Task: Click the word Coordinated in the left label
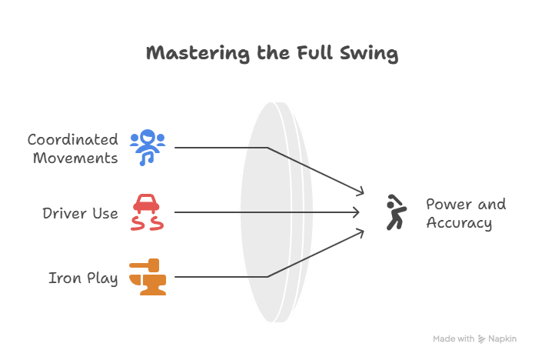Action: pyautogui.click(x=73, y=139)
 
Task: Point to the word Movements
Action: pyautogui.click(x=77, y=158)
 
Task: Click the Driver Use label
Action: pyautogui.click(x=80, y=212)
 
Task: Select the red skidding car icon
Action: pyautogui.click(x=147, y=212)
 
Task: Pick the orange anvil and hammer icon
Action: pyautogui.click(x=147, y=278)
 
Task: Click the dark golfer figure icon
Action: pyautogui.click(x=394, y=212)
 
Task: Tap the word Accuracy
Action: pyautogui.click(x=459, y=223)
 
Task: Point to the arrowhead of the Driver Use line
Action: pyautogui.click(x=357, y=212)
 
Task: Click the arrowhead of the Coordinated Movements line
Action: pyautogui.click(x=359, y=192)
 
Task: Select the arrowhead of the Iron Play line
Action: pyautogui.click(x=359, y=232)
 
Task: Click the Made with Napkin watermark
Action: pyautogui.click(x=474, y=338)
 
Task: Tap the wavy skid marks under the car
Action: pyautogui.click(x=147, y=224)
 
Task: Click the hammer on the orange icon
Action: pyautogui.click(x=144, y=266)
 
